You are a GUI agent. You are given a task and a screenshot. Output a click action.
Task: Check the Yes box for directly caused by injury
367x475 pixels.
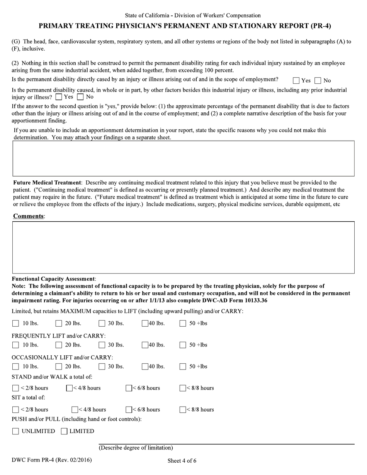click(296, 81)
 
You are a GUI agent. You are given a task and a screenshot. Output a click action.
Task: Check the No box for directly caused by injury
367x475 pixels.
click(318, 81)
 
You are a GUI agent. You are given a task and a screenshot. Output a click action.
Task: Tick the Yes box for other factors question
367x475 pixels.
click(59, 97)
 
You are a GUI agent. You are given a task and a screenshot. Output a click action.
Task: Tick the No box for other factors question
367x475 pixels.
click(80, 97)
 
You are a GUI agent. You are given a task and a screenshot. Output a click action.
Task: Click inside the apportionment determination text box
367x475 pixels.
click(183, 158)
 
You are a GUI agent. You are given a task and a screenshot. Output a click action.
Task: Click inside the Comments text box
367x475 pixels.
click(183, 247)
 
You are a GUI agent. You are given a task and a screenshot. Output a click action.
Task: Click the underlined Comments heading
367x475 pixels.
click(29, 216)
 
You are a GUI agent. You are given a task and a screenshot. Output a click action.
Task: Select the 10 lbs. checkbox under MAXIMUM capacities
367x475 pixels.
click(15, 324)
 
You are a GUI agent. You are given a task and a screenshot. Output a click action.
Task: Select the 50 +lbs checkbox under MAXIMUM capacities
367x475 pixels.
click(183, 324)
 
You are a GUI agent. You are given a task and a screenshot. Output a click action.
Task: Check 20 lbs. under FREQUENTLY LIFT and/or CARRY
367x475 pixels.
click(59, 345)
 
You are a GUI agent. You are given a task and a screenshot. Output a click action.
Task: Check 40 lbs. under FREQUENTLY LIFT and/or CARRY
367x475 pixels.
click(145, 345)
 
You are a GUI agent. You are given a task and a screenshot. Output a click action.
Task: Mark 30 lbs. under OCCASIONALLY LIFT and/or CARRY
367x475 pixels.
click(102, 367)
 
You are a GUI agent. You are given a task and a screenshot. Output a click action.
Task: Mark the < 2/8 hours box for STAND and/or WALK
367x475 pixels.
click(15, 388)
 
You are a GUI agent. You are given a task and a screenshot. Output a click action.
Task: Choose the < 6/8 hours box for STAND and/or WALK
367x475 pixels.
click(129, 388)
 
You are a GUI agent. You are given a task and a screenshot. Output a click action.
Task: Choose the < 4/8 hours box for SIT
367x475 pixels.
click(75, 410)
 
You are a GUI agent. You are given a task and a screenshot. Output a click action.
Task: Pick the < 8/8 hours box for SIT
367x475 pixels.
click(183, 410)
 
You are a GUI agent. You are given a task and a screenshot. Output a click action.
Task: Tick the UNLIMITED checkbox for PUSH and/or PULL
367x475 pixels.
click(15, 432)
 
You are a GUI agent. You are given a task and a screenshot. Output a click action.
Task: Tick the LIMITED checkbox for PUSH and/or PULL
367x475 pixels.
click(64, 432)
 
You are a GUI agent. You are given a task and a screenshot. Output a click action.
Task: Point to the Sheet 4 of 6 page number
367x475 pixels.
click(182, 461)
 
